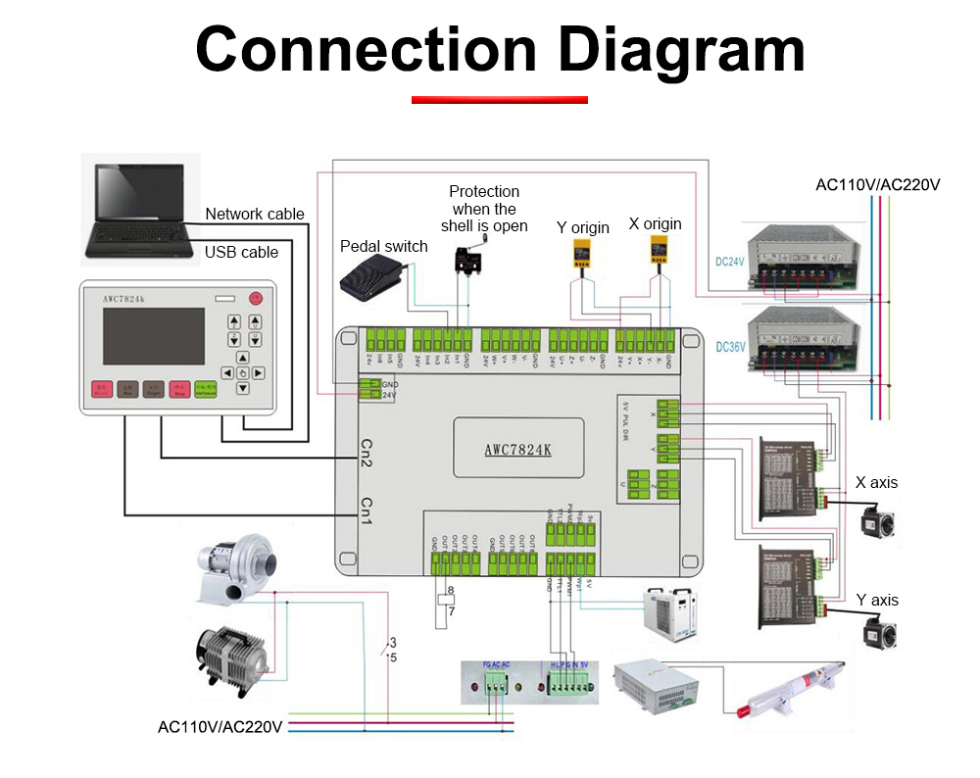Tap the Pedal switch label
pyautogui.click(x=383, y=246)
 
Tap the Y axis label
pyautogui.click(x=876, y=600)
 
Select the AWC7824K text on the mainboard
pyautogui.click(x=517, y=452)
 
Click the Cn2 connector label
pyautogui.click(x=365, y=454)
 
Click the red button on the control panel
pyautogui.click(x=256, y=297)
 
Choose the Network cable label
pyautogui.click(x=255, y=214)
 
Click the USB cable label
pyautogui.click(x=241, y=252)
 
